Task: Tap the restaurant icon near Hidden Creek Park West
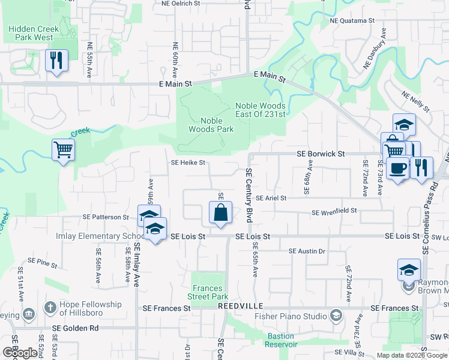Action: pyautogui.click(x=56, y=61)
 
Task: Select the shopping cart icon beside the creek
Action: pyautogui.click(x=63, y=150)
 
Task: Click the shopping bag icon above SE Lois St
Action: pyautogui.click(x=220, y=213)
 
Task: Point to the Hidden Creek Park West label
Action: pyautogui.click(x=35, y=33)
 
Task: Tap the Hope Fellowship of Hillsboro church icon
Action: pyautogui.click(x=50, y=308)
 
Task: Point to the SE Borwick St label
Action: pyautogui.click(x=321, y=154)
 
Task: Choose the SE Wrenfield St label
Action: pyautogui.click(x=334, y=211)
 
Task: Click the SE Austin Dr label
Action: pyautogui.click(x=307, y=251)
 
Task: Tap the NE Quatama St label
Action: pyautogui.click(x=352, y=20)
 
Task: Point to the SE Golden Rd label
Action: pyautogui.click(x=75, y=328)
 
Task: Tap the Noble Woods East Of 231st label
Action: pyautogui.click(x=261, y=110)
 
